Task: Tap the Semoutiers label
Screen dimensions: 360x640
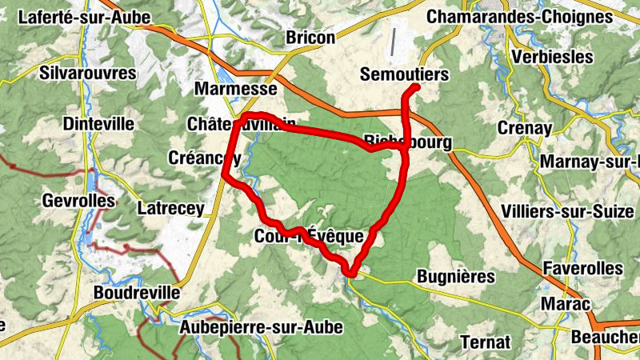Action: (403, 74)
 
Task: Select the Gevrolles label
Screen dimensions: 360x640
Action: (80, 200)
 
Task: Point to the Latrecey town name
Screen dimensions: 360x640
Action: (170, 208)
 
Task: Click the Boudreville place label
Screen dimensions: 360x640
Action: (136, 293)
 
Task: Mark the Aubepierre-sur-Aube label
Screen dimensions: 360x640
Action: (261, 327)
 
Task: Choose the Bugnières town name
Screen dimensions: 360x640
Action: (456, 277)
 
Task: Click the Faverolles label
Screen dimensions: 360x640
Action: (582, 267)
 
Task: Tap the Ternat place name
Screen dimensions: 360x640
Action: (485, 342)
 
